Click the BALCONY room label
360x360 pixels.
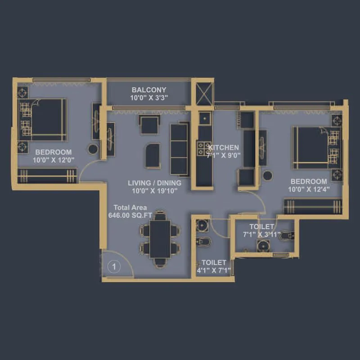coord(149,90)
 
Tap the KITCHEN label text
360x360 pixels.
coord(224,148)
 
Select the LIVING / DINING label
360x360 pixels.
coord(154,183)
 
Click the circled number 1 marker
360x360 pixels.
coord(115,267)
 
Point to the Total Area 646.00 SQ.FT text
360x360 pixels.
coord(130,211)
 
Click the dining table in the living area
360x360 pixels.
coord(161,238)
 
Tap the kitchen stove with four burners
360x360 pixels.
coord(203,149)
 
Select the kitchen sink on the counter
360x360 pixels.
coord(204,118)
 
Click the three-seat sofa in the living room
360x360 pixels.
coord(179,149)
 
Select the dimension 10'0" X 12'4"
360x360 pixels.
coord(310,189)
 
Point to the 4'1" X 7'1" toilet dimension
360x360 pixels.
coord(214,270)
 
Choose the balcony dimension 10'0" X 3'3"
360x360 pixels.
coord(149,98)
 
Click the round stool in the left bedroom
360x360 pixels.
coord(94,149)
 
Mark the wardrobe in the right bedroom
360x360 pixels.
coord(313,207)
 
